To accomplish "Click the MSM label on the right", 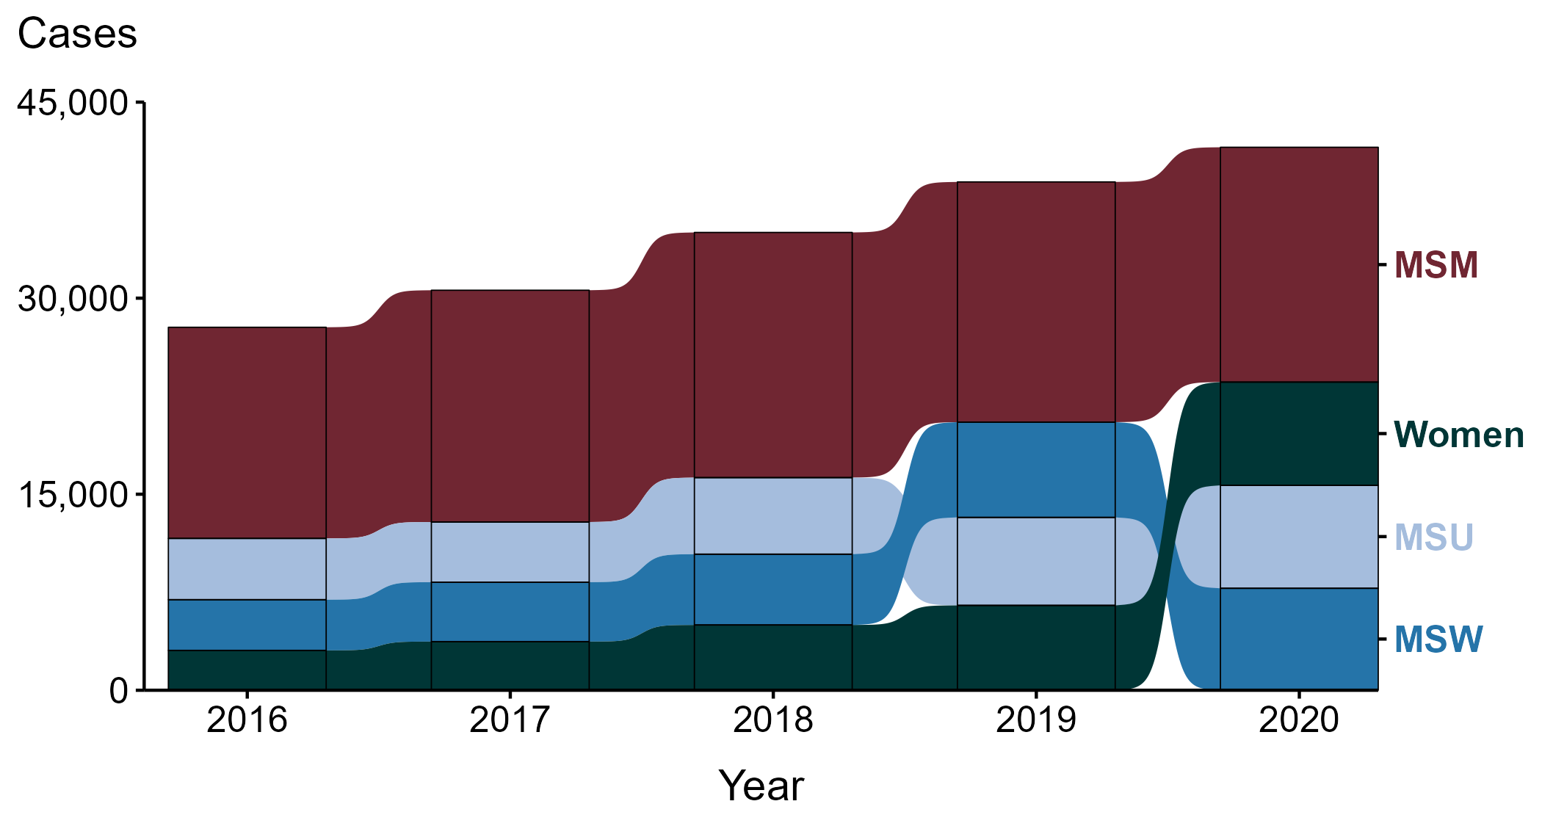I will coord(1436,265).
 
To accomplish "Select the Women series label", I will coord(1458,435).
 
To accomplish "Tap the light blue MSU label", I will coord(1433,537).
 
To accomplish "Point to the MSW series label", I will coord(1438,640).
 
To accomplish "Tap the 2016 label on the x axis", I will coord(247,720).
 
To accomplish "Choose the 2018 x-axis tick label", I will coord(772,720).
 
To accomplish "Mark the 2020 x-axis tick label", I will coord(1298,720).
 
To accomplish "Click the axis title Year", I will coord(761,786).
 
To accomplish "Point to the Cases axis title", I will coord(77,34).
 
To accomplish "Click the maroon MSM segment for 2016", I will coord(247,432).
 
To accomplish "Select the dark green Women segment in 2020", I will coord(1298,433).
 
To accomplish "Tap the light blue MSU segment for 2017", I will coord(510,551).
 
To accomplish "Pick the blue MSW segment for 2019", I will coord(1035,469).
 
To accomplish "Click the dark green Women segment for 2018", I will coord(772,656).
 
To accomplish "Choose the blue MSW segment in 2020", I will coord(1298,638).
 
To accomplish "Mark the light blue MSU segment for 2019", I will coord(1035,561).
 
